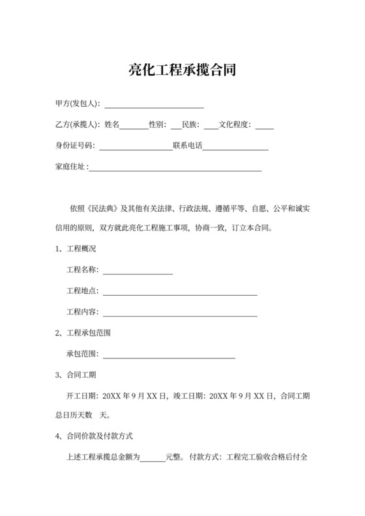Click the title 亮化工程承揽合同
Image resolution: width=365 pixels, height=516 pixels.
point(182,70)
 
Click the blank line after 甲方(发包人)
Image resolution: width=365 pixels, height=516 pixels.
point(154,104)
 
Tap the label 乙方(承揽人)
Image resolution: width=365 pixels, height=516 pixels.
point(77,124)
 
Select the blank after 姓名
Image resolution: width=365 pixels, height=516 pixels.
point(134,125)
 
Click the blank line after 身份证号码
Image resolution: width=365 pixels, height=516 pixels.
point(134,146)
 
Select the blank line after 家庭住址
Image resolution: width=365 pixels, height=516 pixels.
point(175,167)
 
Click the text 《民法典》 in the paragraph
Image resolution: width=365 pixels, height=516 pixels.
point(106,208)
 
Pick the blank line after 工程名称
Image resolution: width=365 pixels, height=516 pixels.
point(138,271)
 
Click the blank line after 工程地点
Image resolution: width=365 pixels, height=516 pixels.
point(180,292)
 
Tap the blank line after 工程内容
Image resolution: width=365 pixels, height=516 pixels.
point(180,313)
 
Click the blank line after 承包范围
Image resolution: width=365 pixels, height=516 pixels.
point(169,354)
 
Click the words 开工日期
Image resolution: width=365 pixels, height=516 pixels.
point(82,395)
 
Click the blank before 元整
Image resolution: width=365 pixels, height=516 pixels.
point(153,458)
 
